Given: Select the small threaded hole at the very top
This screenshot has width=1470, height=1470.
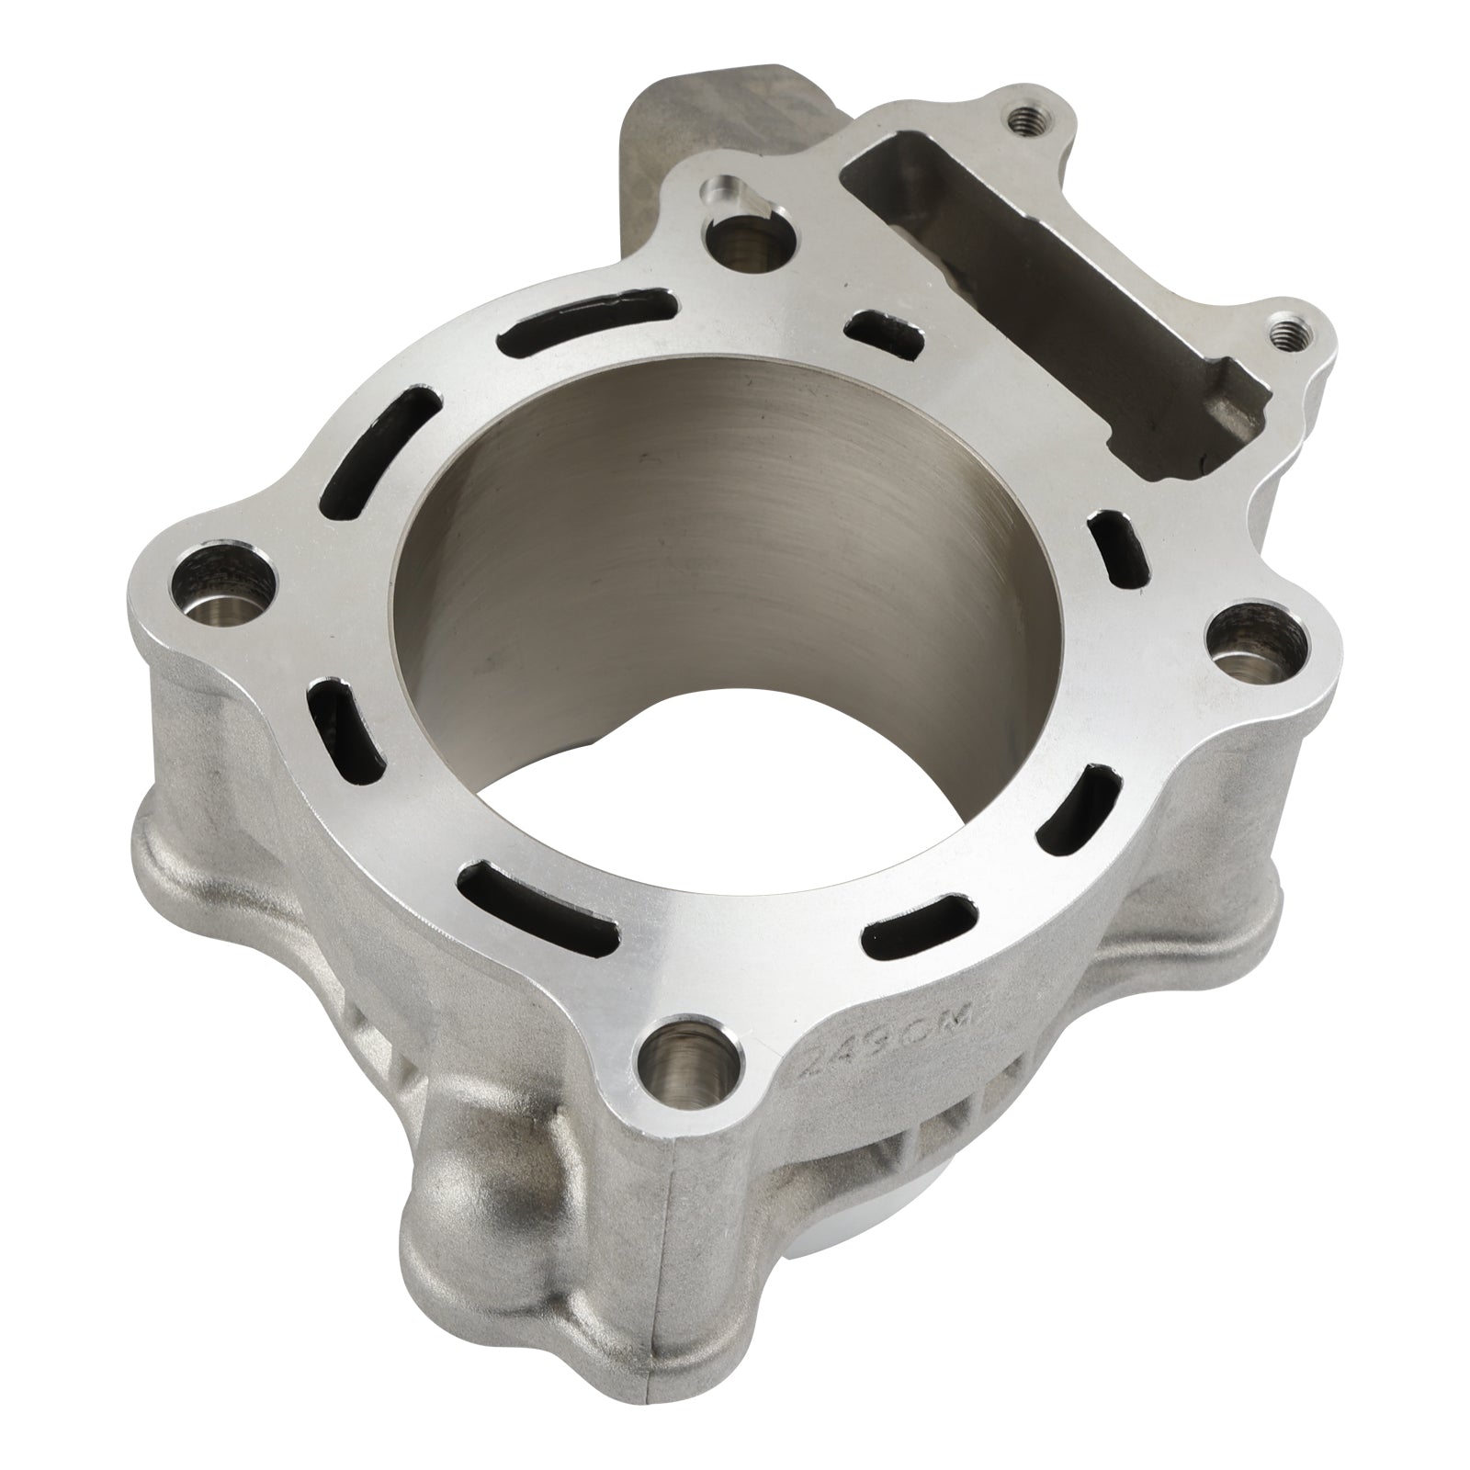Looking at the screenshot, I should (x=1020, y=119).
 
